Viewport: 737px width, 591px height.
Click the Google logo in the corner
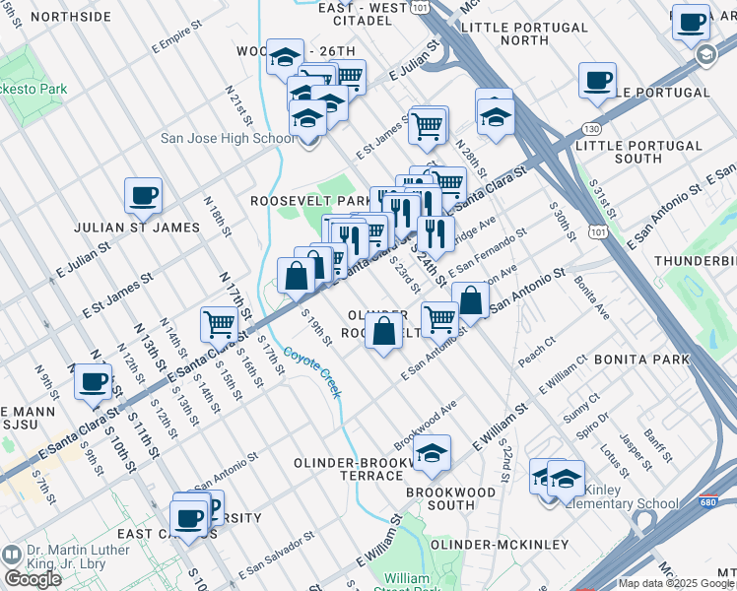pos(33,579)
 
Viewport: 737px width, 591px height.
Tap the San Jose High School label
pos(228,138)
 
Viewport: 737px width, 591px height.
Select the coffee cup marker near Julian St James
pos(143,195)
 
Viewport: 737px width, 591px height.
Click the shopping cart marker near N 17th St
pos(218,322)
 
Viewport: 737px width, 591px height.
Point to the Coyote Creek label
pos(312,372)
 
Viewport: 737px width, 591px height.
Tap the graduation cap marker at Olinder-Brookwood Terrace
pos(432,453)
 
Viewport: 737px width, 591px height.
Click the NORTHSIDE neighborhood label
pos(70,17)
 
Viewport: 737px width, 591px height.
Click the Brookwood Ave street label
pos(426,422)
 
